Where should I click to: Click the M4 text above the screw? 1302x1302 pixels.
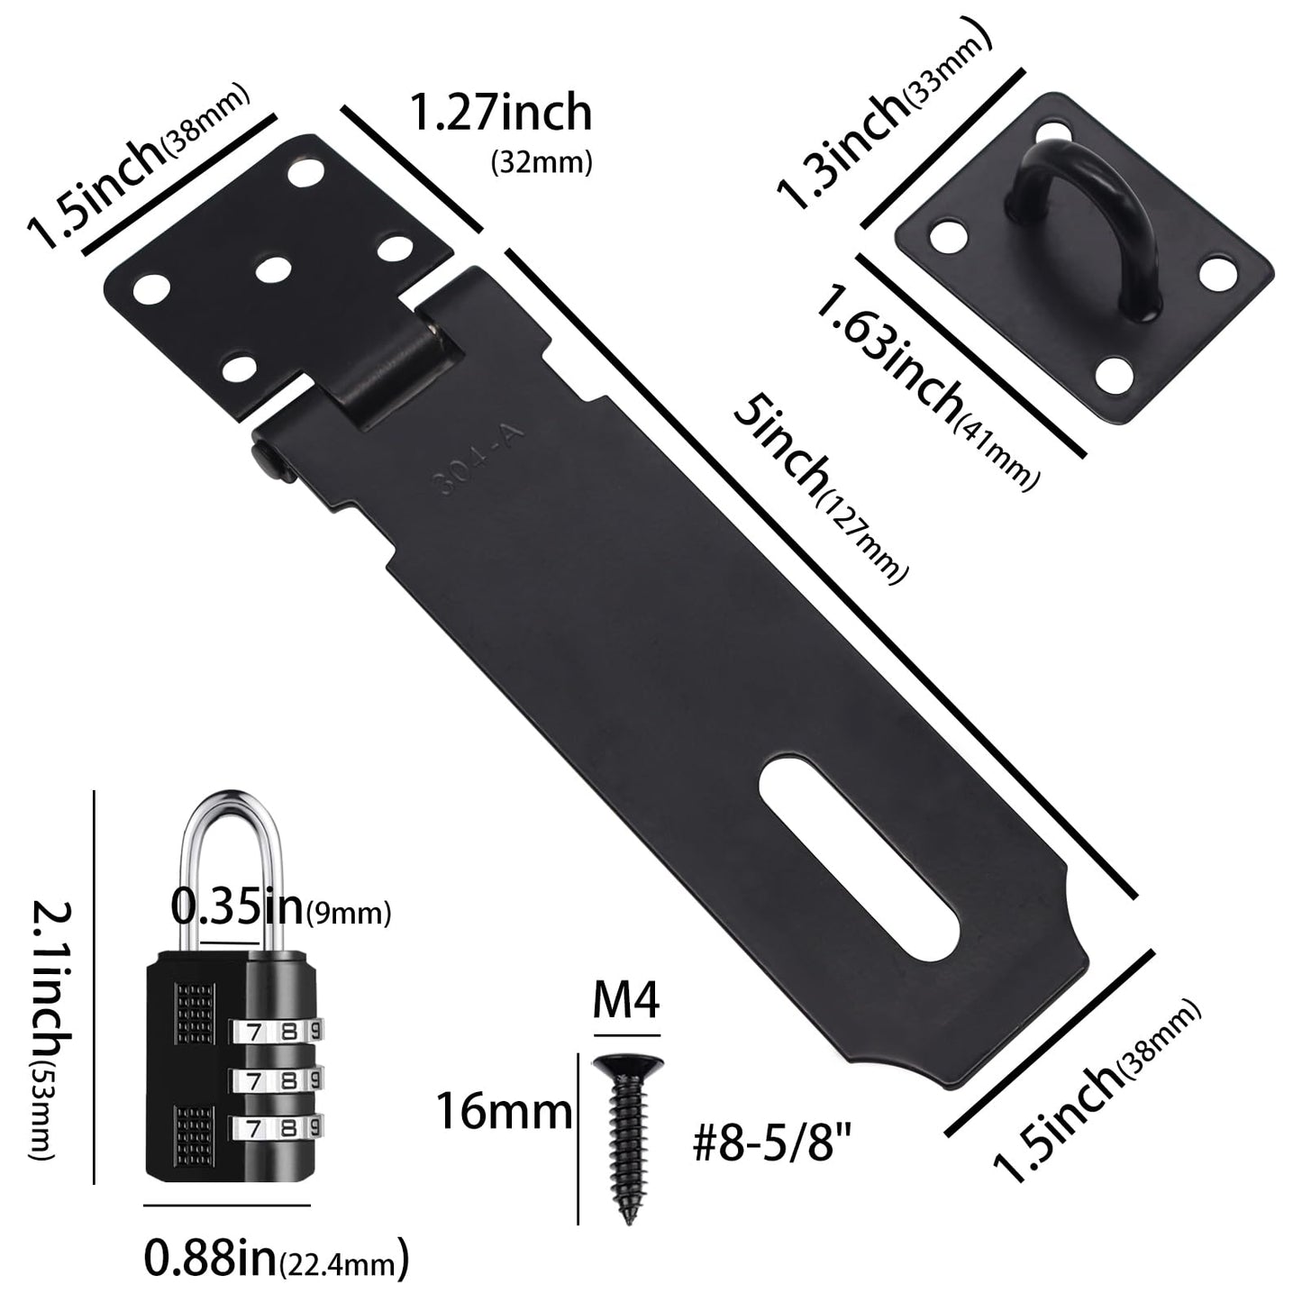click(x=626, y=1003)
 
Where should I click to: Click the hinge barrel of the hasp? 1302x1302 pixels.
click(x=383, y=365)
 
